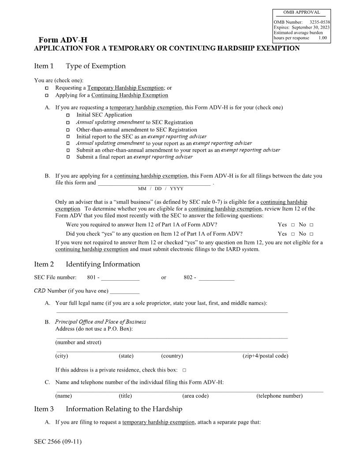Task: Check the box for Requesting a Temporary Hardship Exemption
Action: pos(47,88)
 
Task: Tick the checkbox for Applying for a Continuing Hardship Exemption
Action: pos(47,95)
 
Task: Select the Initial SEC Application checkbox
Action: pos(68,115)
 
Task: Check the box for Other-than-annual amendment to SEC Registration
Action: pos(68,130)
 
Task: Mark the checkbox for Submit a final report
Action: pos(68,157)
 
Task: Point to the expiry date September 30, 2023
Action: pos(311,27)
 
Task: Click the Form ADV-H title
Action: pos(63,40)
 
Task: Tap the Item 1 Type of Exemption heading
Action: pos(80,66)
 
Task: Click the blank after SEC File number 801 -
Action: pos(120,278)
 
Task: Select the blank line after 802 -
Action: pos(216,278)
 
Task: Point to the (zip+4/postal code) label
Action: pos(265,356)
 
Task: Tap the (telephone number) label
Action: pos(279,396)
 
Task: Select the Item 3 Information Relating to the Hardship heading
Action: pos(108,409)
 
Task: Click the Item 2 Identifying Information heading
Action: pos(87,264)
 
